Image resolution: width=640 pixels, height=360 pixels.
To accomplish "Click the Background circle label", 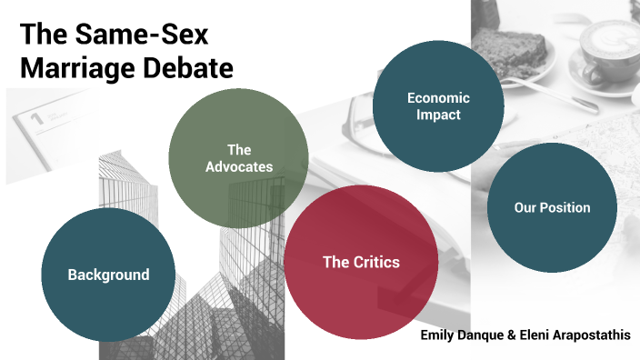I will [108, 275].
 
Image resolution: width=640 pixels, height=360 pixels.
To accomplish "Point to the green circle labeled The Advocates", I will [235, 156].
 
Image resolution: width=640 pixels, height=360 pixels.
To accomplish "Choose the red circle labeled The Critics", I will [361, 263].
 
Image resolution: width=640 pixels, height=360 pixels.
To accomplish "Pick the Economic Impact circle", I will [439, 106].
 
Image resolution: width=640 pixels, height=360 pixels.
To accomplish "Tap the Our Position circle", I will [552, 207].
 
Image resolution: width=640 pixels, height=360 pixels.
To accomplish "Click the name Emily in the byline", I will [437, 335].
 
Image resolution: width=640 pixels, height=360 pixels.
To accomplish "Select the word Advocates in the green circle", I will [239, 166].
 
